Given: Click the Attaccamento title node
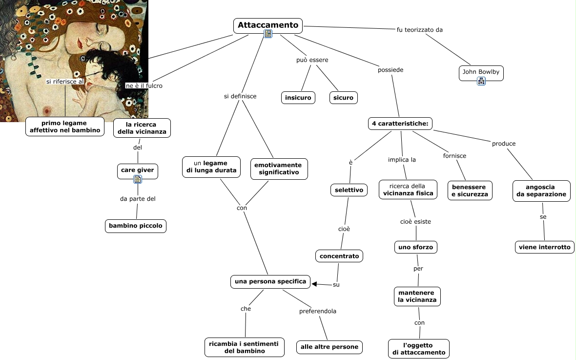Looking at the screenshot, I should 267,25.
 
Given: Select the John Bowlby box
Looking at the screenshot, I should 481,72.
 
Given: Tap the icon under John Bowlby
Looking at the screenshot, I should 481,82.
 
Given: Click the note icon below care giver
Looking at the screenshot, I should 138,179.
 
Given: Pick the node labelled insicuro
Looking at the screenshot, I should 298,98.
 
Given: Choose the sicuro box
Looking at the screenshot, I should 343,98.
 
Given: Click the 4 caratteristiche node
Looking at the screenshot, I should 400,124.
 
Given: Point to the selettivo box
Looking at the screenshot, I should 349,190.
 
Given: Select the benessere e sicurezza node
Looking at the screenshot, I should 470,191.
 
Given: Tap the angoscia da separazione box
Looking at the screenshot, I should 541,191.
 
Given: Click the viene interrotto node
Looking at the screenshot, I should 544,247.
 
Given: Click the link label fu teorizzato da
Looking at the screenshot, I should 420,29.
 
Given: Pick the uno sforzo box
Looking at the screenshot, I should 415,247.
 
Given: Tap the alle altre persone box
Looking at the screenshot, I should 329,347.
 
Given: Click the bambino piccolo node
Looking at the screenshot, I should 135,226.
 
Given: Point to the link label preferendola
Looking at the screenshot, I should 318,311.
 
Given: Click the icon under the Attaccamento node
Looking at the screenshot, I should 268,34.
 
